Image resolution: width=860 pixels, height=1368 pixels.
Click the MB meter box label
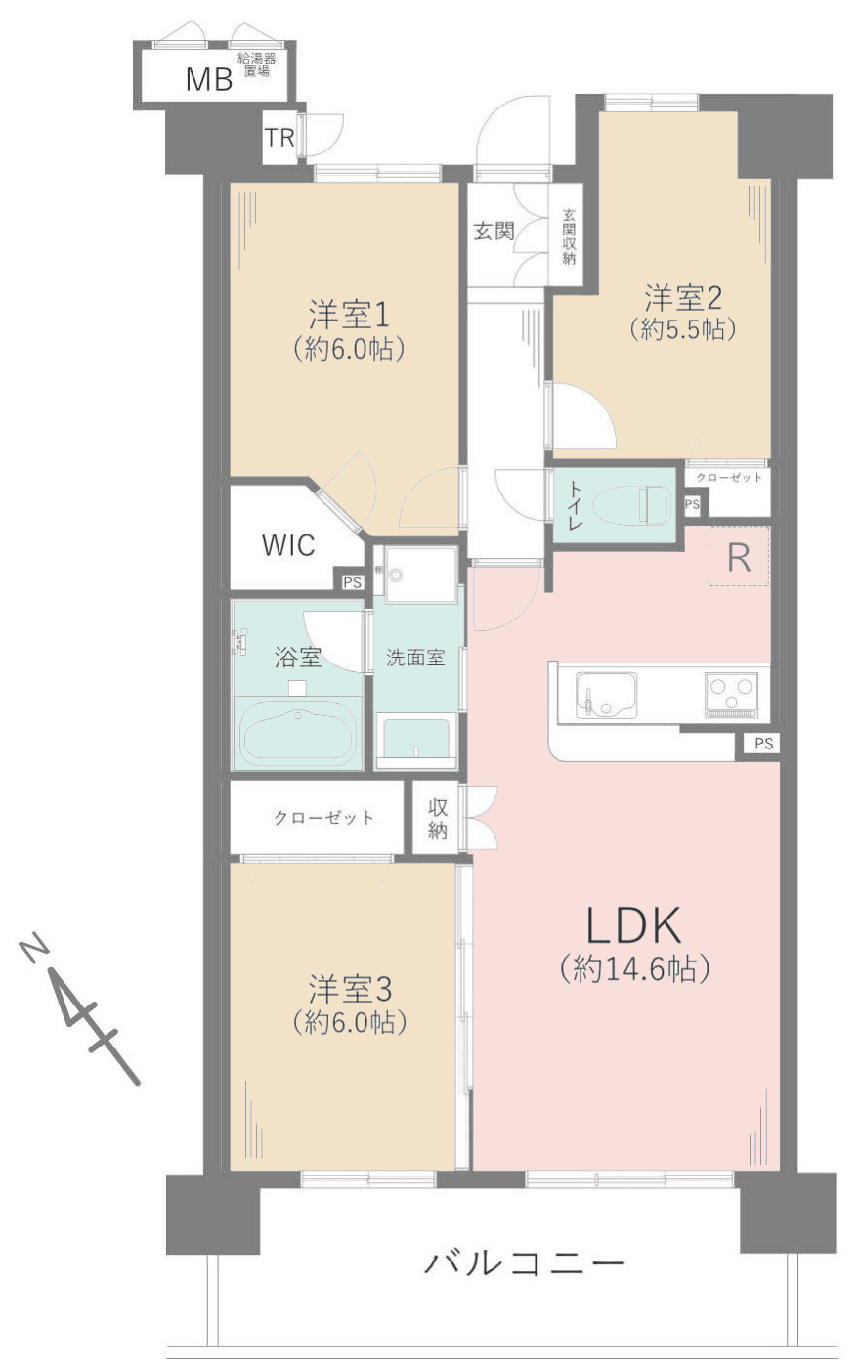tap(209, 79)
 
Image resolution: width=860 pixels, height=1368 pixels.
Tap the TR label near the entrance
tap(279, 138)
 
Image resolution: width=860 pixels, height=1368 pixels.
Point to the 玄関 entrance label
tap(493, 232)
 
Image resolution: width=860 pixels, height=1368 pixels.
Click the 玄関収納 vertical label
tap(568, 236)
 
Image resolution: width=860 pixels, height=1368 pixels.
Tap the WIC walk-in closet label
tap(288, 545)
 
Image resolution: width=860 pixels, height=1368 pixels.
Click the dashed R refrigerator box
tap(739, 556)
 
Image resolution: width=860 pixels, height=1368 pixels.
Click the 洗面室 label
tap(415, 658)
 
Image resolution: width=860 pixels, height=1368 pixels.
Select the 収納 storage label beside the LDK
tap(437, 819)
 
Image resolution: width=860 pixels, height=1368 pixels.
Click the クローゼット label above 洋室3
tap(322, 817)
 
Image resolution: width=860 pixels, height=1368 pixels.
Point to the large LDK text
tap(632, 924)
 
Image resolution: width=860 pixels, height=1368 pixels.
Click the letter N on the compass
tap(33, 949)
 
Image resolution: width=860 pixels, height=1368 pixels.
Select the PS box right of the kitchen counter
tap(763, 745)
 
